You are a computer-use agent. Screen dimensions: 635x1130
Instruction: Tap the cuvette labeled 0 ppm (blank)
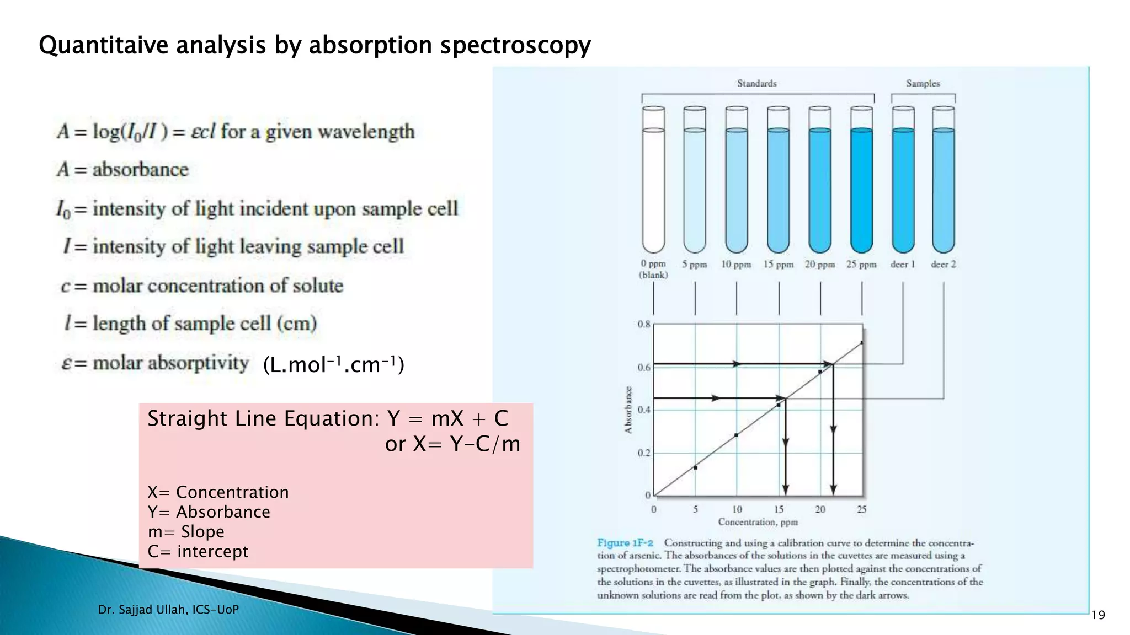pos(653,182)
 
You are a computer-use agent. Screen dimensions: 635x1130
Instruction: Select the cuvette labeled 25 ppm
pos(861,182)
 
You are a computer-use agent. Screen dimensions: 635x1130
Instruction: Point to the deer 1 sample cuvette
pos(903,182)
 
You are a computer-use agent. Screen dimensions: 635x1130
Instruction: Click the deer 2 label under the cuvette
pos(943,265)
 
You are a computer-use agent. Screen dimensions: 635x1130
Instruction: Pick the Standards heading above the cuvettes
pos(756,84)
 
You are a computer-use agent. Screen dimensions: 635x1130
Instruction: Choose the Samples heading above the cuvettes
pos(923,84)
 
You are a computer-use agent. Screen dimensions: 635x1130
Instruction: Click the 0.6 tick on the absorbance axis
pos(644,368)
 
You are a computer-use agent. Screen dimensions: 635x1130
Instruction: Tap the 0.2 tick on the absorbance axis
pos(644,453)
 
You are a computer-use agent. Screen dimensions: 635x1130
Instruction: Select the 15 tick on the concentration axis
pos(779,509)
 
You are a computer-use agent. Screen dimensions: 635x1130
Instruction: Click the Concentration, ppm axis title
pos(758,522)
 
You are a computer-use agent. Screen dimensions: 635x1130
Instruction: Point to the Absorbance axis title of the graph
pos(628,410)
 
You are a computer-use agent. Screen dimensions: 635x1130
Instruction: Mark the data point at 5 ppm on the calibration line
pos(695,467)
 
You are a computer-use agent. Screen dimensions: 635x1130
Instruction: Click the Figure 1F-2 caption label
pos(625,543)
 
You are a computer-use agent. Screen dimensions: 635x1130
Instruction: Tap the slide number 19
pos(1098,615)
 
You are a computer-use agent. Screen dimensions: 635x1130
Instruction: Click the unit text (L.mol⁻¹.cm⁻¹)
pos(333,365)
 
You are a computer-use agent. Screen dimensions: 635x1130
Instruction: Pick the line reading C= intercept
pos(198,551)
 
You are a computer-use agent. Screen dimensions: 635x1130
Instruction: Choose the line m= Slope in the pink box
pos(186,531)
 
